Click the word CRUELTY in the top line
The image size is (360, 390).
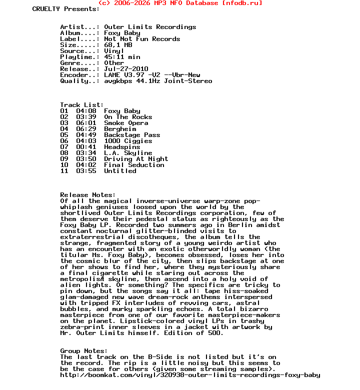click(x=46, y=9)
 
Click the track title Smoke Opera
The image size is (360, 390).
click(x=126, y=123)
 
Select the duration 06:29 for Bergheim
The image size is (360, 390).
click(x=86, y=129)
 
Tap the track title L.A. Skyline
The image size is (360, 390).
click(x=128, y=153)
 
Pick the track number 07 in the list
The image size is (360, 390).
click(x=64, y=147)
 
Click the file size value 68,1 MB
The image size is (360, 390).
click(x=118, y=45)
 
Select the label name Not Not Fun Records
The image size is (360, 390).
click(x=142, y=39)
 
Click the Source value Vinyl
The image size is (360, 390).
click(x=114, y=51)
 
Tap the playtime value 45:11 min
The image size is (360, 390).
click(x=122, y=57)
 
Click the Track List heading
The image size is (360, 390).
click(x=82, y=105)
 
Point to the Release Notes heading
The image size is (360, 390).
click(x=88, y=195)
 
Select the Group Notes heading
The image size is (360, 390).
click(x=84, y=351)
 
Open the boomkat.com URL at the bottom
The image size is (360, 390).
click(x=190, y=375)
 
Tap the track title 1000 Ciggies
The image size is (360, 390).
click(x=128, y=141)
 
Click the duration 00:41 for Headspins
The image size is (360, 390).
click(x=86, y=147)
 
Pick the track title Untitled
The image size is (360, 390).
click(x=120, y=171)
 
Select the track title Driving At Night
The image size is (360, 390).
click(x=136, y=159)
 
